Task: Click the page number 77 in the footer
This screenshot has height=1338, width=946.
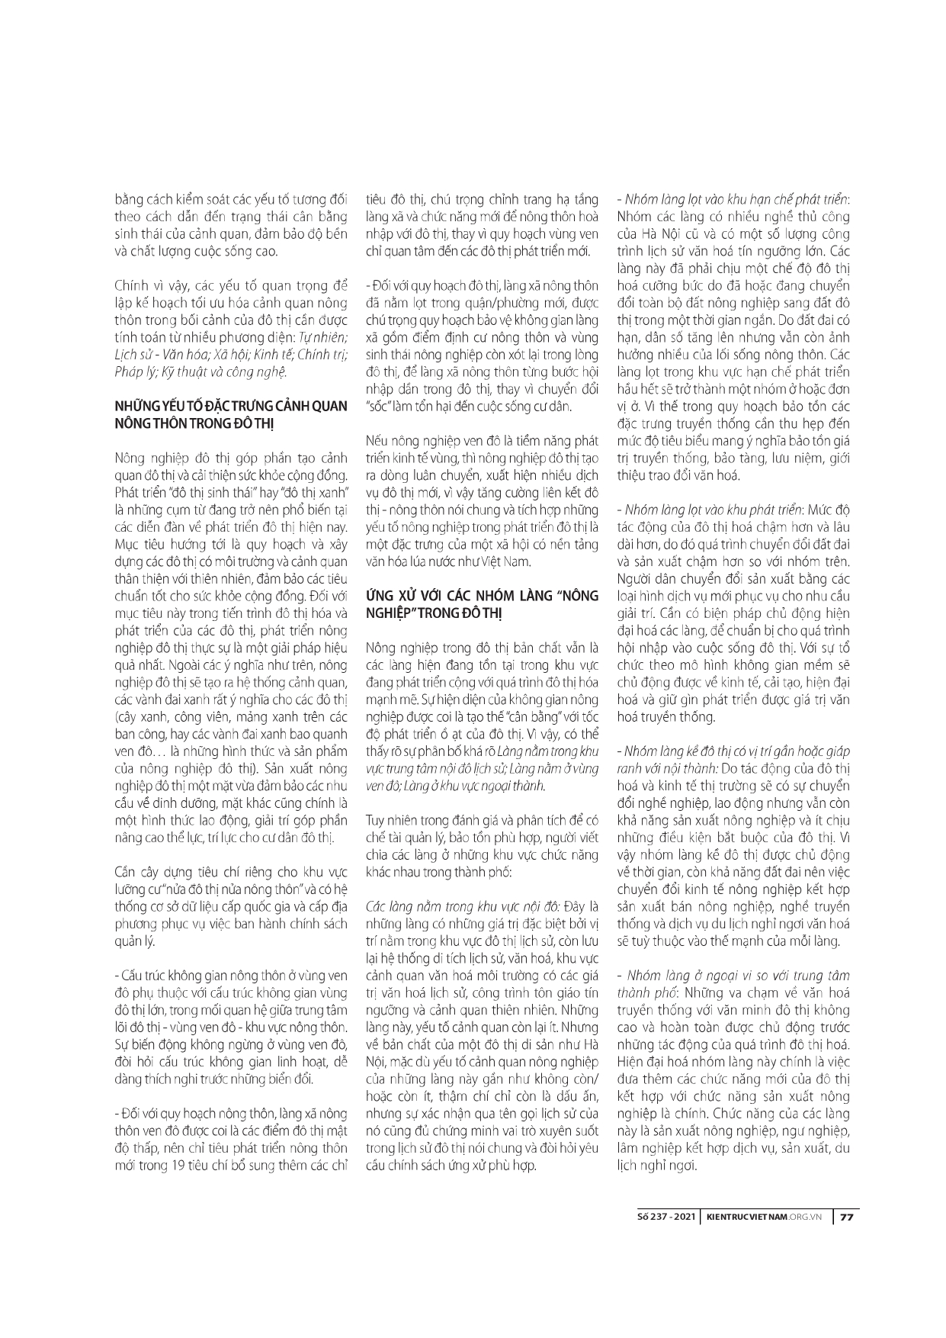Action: tap(845, 1217)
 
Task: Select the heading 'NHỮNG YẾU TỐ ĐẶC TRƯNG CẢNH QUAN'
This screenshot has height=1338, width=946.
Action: tap(230, 404)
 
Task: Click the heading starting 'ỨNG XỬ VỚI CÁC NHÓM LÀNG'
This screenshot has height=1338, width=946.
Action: tap(483, 595)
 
